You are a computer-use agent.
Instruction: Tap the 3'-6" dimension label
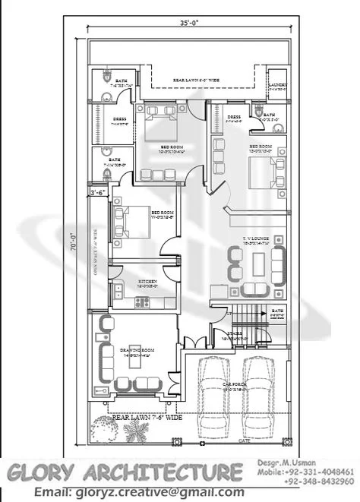click(x=97, y=194)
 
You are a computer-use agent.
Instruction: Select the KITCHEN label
click(x=147, y=282)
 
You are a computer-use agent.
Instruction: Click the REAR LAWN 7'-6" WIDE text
click(x=147, y=417)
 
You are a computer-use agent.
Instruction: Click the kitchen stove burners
click(x=141, y=303)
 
